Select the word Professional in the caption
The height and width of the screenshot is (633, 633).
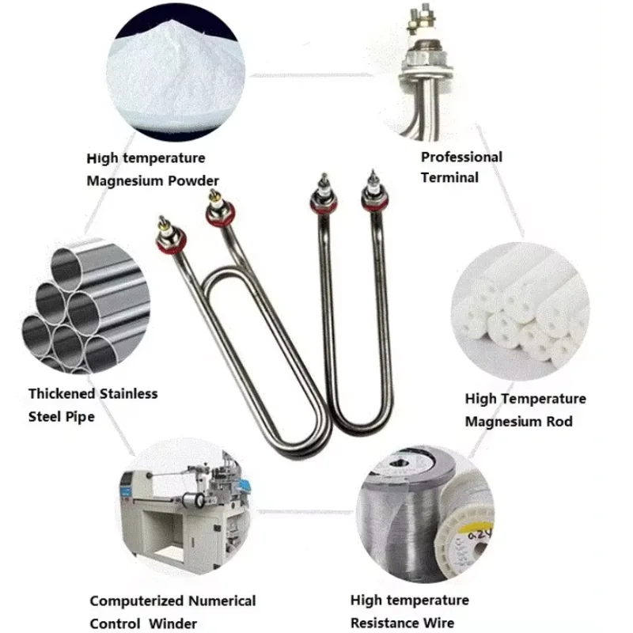(x=461, y=157)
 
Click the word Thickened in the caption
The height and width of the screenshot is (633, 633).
(x=63, y=393)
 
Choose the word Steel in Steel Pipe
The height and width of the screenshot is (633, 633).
(x=46, y=415)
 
